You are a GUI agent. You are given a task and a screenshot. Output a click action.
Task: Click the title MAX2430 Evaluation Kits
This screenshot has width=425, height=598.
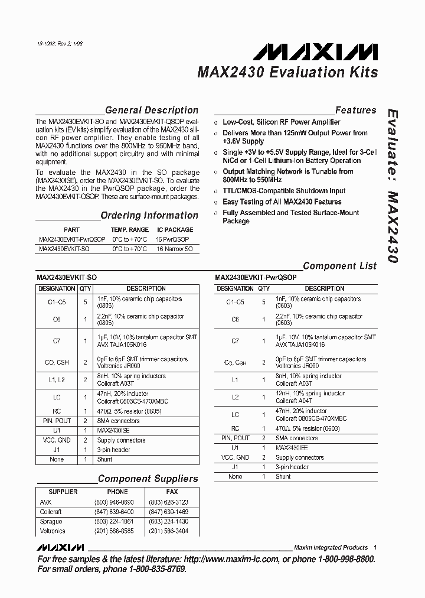coord(287,73)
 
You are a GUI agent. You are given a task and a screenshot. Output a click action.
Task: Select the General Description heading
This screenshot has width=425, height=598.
coord(151,110)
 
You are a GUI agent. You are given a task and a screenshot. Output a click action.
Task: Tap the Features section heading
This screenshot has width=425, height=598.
coord(355,110)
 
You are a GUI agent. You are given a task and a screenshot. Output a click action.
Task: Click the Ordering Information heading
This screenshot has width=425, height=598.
coord(149,216)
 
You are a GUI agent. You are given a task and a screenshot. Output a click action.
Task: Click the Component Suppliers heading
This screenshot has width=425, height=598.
coord(148,479)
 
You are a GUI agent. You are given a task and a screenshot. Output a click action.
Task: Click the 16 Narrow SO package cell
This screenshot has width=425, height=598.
coord(175,249)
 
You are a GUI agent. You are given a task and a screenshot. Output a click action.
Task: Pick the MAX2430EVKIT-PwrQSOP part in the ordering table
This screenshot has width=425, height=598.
coord(72,240)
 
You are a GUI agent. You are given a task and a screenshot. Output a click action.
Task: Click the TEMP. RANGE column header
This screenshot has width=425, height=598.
coord(130,230)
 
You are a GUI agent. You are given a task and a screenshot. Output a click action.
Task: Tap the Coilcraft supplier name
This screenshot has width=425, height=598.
coord(51,512)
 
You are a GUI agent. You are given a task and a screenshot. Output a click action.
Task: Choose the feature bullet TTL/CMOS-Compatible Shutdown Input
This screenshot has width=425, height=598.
coord(284,191)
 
